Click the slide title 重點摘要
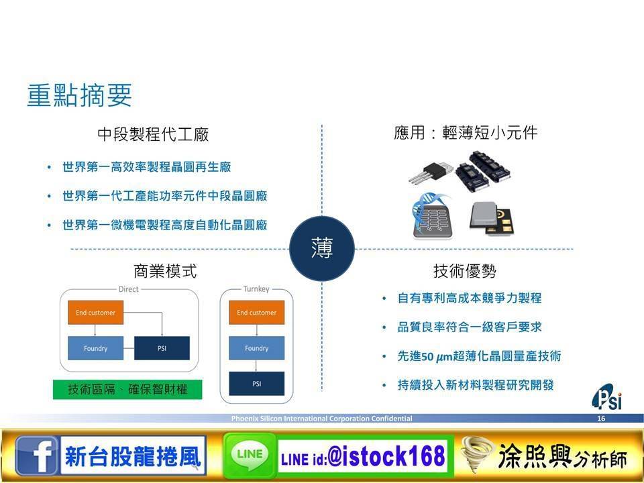click(x=79, y=95)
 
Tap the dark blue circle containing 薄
click(x=322, y=248)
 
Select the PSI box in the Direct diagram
click(x=162, y=348)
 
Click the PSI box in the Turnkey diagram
click(x=257, y=384)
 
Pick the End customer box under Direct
click(x=96, y=313)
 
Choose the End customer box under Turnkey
click(x=257, y=313)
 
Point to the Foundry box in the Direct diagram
click(x=96, y=348)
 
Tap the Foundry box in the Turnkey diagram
click(x=257, y=348)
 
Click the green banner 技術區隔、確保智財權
click(x=127, y=389)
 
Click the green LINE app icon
click(x=250, y=455)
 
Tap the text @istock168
click(x=386, y=456)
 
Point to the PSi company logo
click(x=607, y=396)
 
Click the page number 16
click(x=601, y=419)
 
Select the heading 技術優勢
click(x=464, y=271)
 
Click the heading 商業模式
click(x=165, y=271)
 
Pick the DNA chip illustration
click(x=431, y=217)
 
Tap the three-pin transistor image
click(x=431, y=172)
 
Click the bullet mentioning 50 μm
click(x=479, y=356)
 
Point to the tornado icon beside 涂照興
click(x=477, y=455)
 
